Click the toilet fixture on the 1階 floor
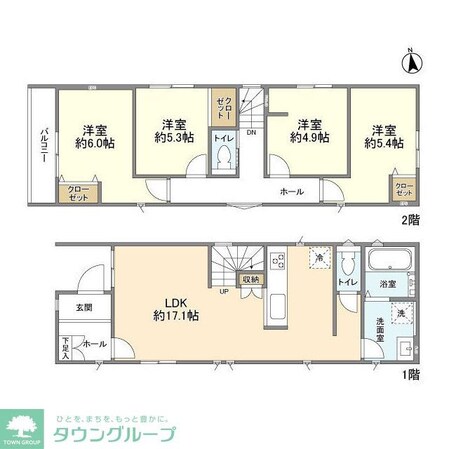347,267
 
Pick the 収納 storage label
250,280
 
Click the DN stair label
252,131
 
